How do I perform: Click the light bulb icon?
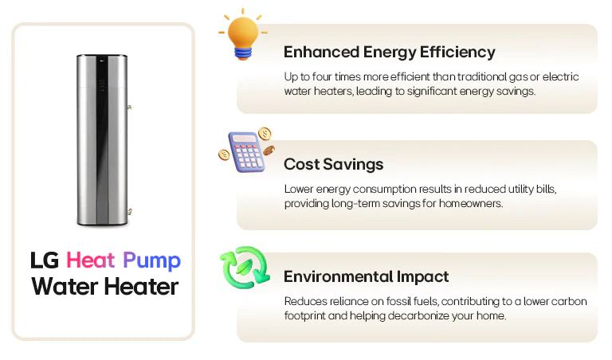pos(242,35)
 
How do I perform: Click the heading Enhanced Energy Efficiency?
pos(389,53)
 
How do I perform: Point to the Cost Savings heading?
pos(333,165)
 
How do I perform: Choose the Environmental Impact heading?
pos(366,277)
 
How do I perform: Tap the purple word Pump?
pos(151,261)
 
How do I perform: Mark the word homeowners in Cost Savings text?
pos(477,204)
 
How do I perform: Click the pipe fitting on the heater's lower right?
pos(129,210)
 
